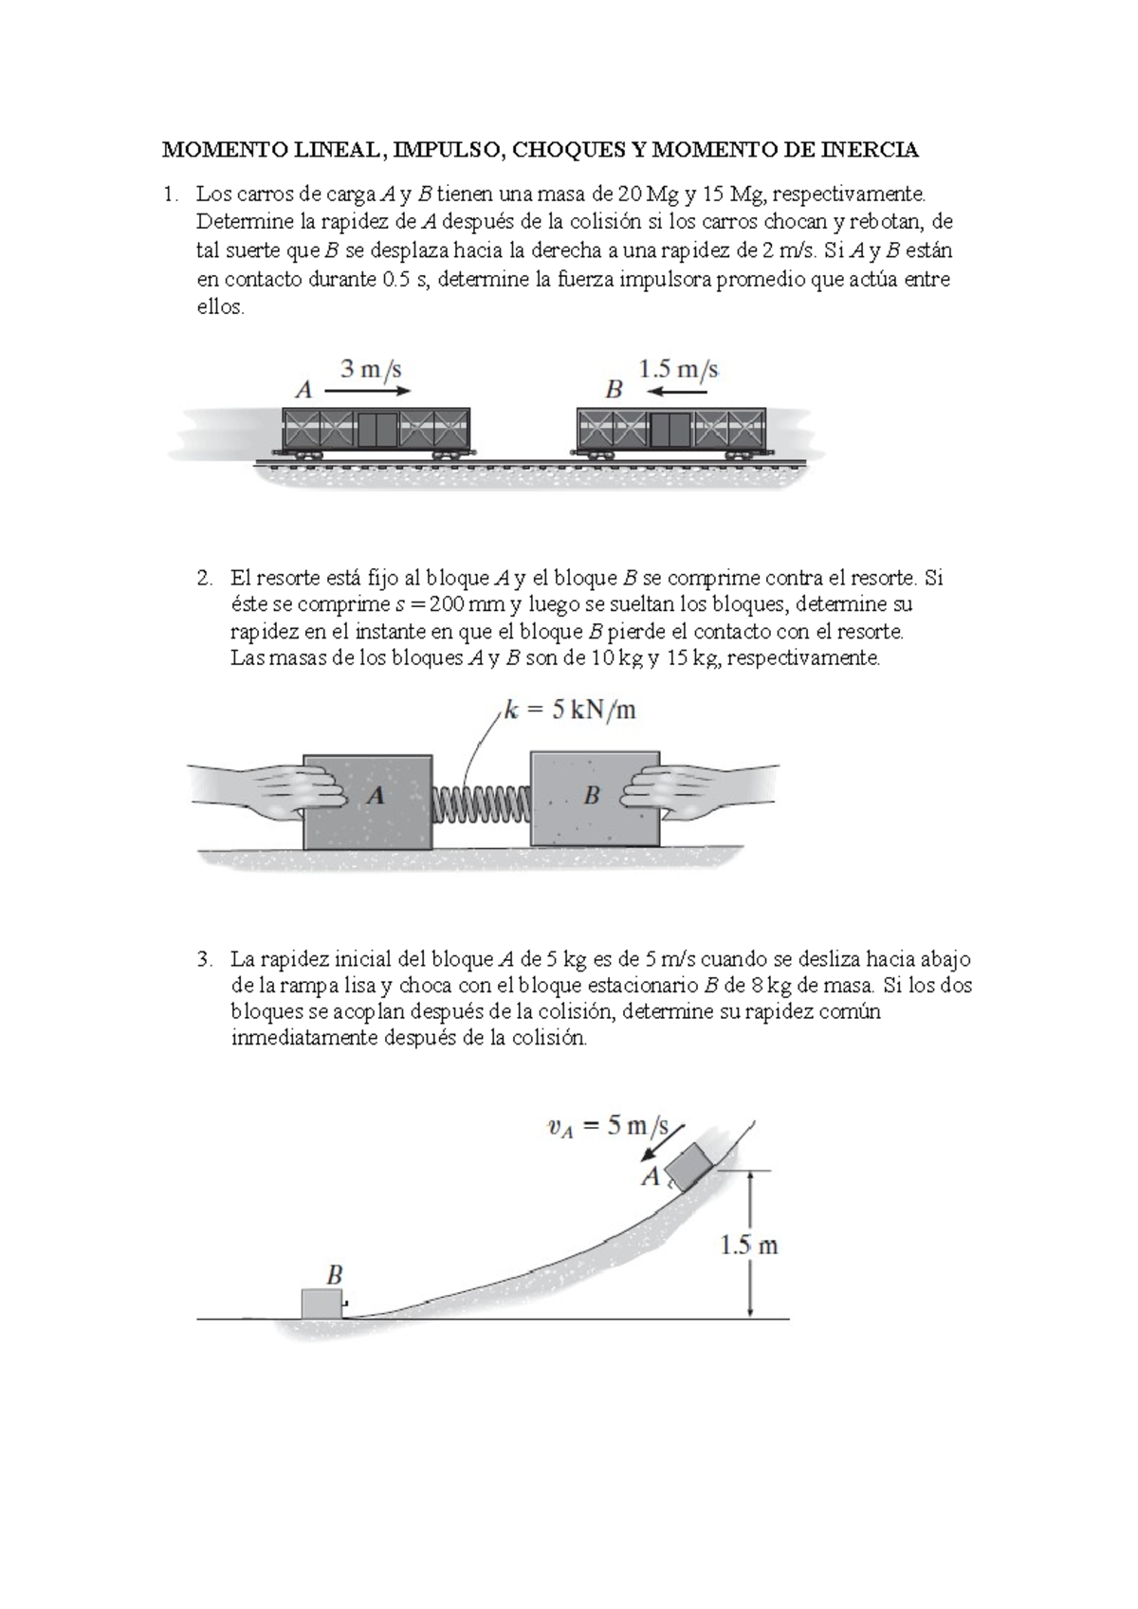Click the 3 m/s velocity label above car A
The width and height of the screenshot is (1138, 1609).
pyautogui.click(x=371, y=368)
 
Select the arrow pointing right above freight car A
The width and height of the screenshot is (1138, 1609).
pyautogui.click(x=368, y=391)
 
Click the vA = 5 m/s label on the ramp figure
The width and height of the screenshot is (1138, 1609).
pyautogui.click(x=608, y=1126)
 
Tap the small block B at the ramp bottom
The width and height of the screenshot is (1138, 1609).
pyautogui.click(x=321, y=1304)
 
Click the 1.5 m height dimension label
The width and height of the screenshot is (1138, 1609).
pyautogui.click(x=748, y=1246)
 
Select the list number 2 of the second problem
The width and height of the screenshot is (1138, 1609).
pyautogui.click(x=204, y=578)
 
